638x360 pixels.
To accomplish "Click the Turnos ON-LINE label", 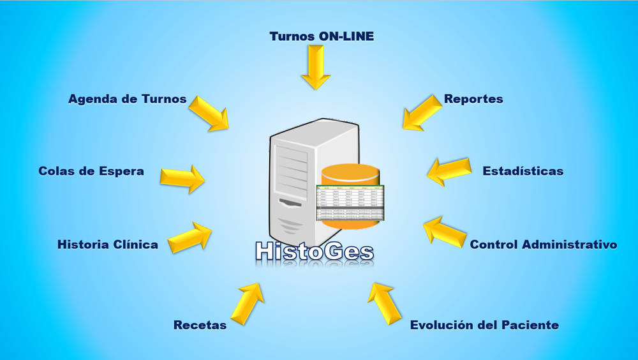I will (322, 36).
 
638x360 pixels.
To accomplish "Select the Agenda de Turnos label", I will (128, 99).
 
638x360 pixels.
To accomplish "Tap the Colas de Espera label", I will (91, 171).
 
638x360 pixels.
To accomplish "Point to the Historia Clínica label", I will (108, 244).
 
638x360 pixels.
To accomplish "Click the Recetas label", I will (200, 325).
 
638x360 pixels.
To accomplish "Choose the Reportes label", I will (473, 99).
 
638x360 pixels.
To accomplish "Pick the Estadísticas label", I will (523, 171).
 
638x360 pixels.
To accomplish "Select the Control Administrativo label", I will (544, 244).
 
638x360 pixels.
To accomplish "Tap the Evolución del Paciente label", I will (484, 325).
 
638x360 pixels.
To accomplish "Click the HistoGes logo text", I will (314, 251).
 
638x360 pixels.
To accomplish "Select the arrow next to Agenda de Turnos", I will (209, 114).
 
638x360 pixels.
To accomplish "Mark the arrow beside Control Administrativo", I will (444, 231).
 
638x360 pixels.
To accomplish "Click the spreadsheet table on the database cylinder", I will (350, 204).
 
